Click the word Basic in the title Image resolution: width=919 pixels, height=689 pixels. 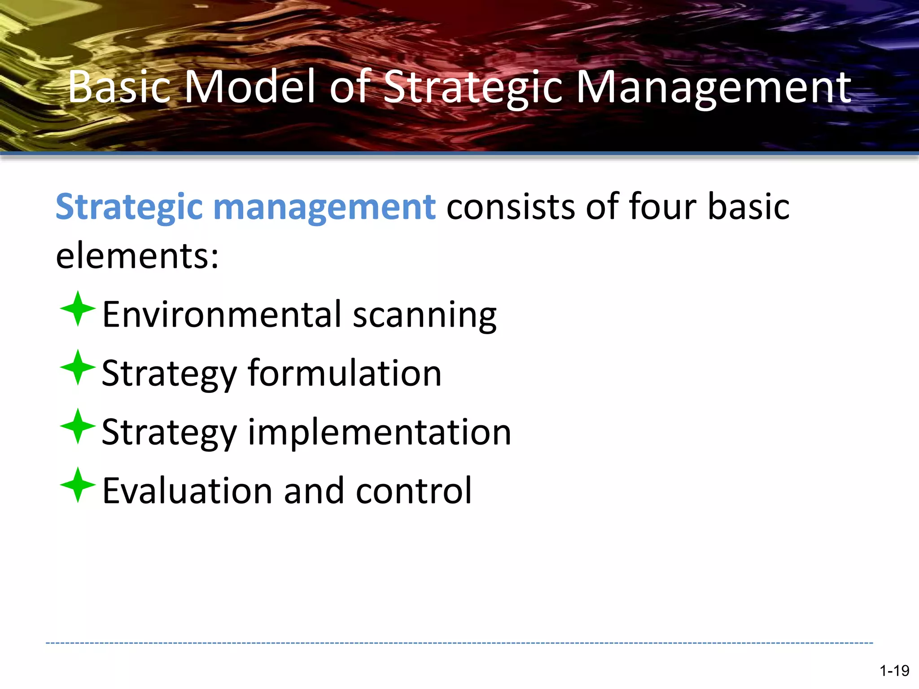(119, 87)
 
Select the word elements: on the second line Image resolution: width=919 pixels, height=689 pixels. (137, 256)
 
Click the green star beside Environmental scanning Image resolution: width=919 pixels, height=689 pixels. (78, 309)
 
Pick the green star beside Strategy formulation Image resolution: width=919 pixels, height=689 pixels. (78, 367)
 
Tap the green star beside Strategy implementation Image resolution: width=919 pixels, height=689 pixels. (78, 426)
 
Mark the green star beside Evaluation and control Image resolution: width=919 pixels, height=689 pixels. (78, 485)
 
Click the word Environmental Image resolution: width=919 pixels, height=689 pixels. (222, 315)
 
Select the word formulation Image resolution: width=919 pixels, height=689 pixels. (345, 373)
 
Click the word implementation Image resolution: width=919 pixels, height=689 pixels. (379, 432)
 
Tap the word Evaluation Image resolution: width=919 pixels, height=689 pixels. (187, 491)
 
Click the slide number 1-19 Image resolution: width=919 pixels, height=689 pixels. (894, 671)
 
